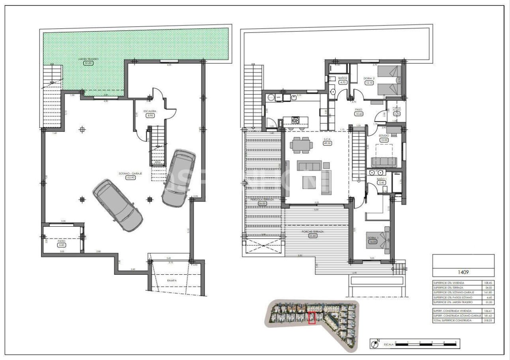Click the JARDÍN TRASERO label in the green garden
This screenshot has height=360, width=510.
click(x=88, y=59)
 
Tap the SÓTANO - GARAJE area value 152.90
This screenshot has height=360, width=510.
click(x=131, y=178)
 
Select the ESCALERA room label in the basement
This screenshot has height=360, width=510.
click(x=150, y=111)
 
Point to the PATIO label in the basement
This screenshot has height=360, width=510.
click(x=61, y=241)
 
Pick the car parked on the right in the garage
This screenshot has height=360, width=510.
click(x=178, y=178)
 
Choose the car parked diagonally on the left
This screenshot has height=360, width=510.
click(x=118, y=205)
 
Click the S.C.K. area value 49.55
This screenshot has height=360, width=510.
click(x=328, y=143)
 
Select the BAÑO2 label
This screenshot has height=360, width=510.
click(x=343, y=78)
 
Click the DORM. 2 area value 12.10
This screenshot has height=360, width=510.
click(x=369, y=83)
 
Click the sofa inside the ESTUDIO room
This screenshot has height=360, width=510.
click(x=384, y=162)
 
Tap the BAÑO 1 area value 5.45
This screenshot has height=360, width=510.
click(x=381, y=183)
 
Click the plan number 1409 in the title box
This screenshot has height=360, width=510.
click(x=463, y=273)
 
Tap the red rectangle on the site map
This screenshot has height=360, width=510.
click(x=312, y=318)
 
